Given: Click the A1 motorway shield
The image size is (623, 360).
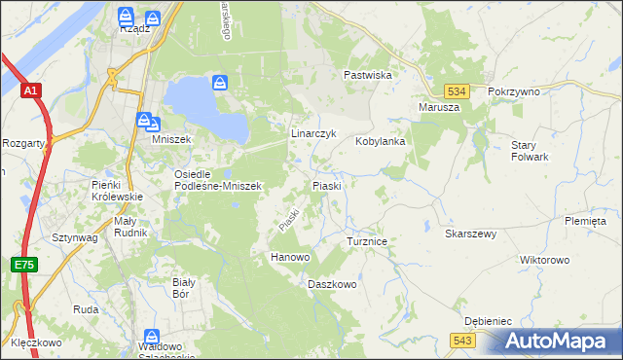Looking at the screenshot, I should pos(31,90).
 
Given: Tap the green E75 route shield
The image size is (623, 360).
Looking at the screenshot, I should pos(25,264).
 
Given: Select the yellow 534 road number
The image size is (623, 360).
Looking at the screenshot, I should pos(461,90).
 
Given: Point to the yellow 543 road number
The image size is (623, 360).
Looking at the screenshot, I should pos(463,340).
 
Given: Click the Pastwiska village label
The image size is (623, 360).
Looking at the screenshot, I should pos(367,74).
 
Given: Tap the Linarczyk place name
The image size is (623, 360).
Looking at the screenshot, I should pos(313,132).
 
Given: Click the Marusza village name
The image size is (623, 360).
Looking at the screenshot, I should pos(438,107).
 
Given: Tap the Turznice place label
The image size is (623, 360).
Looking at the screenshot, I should pos(368,239).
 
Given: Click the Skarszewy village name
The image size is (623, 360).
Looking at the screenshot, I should pos(471,234).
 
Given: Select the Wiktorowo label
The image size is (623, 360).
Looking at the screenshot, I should pos(544,261).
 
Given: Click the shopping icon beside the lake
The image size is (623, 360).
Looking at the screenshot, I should pos(220,84).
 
